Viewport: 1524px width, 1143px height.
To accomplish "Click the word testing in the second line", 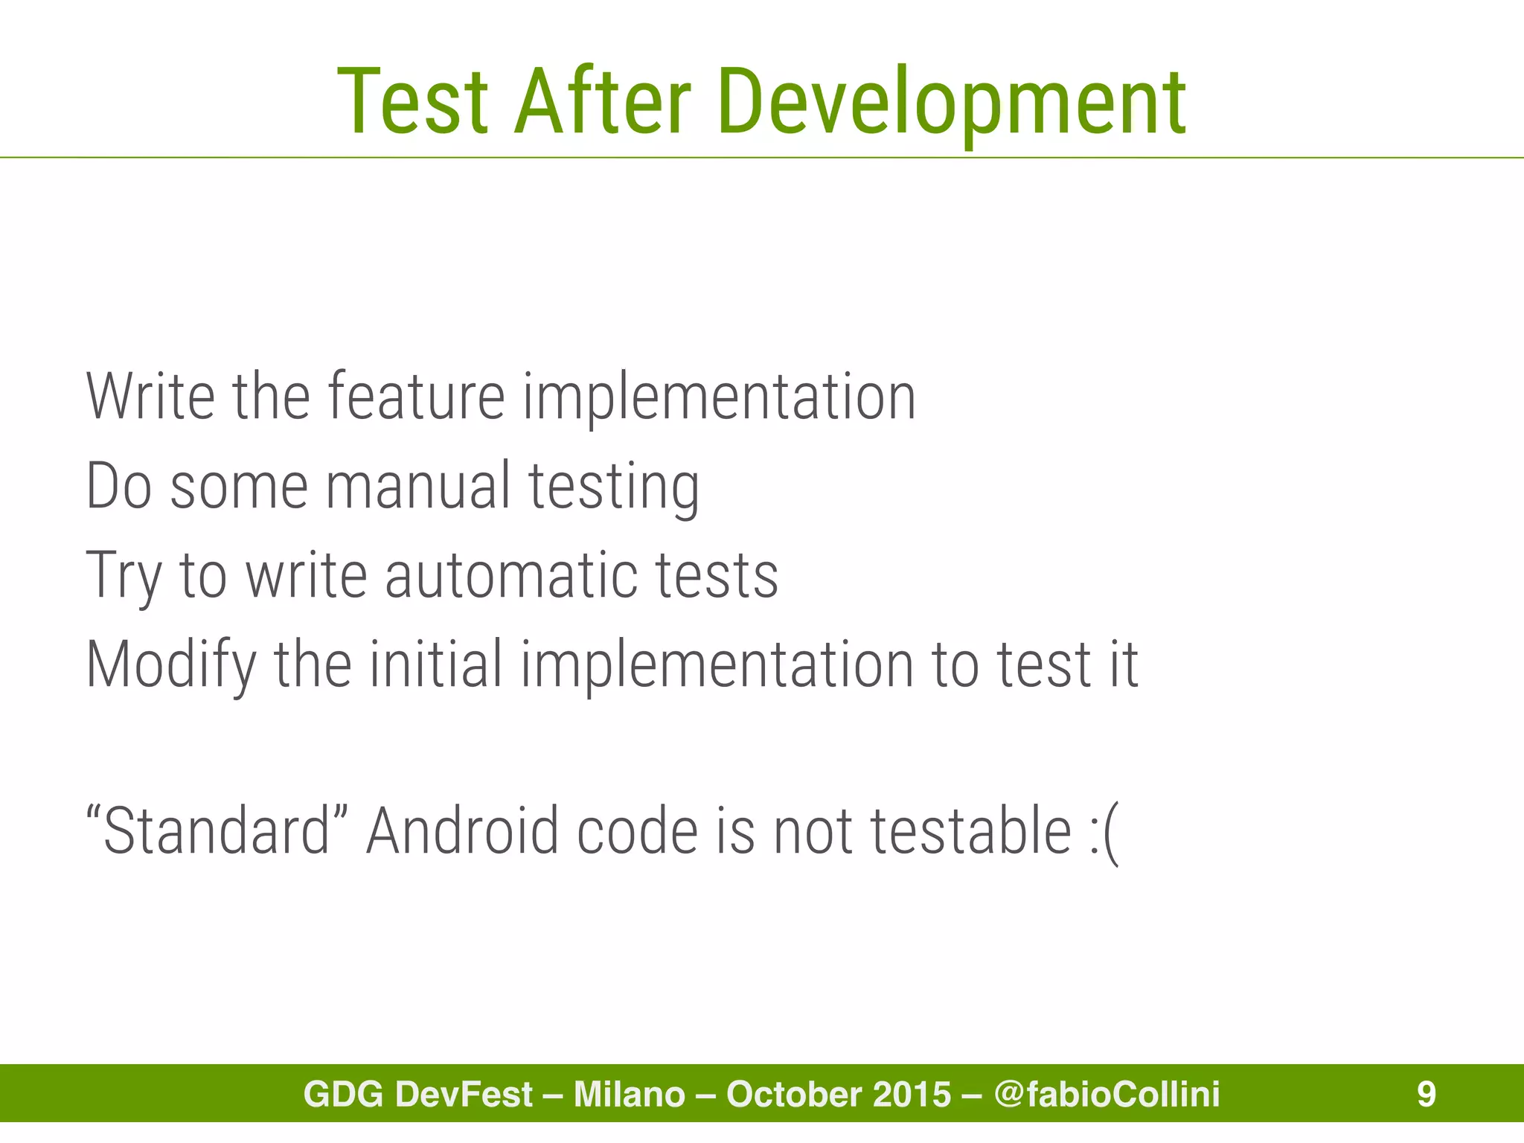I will coord(614,487).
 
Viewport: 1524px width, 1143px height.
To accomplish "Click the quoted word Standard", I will coord(217,830).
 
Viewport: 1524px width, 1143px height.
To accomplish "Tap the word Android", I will coord(462,830).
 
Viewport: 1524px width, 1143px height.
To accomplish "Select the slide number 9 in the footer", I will coord(1426,1094).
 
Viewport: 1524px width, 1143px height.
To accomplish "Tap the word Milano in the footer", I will coord(629,1094).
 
